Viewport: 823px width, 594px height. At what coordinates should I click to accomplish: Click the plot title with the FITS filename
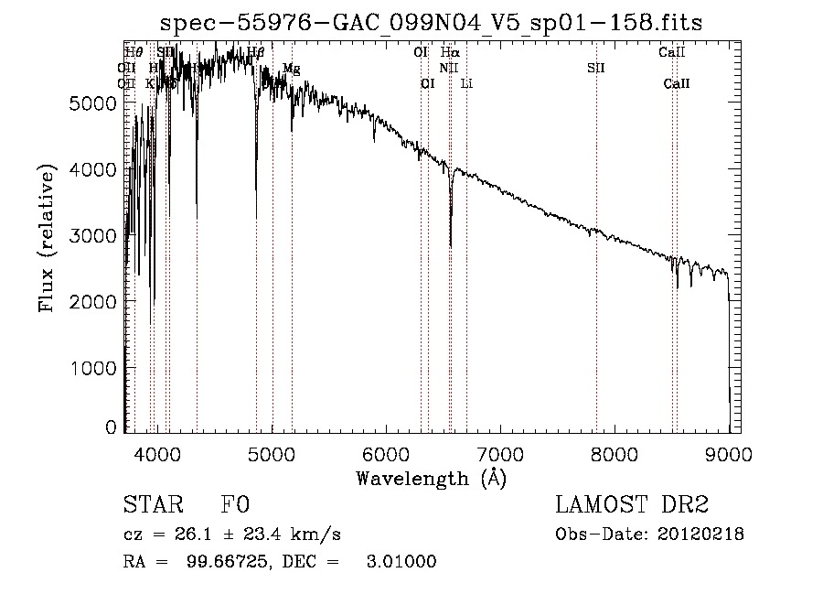[x=432, y=23]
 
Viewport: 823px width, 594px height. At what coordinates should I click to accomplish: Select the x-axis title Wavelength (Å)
[x=431, y=478]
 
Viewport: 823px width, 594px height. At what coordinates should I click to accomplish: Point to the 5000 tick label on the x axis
[x=272, y=452]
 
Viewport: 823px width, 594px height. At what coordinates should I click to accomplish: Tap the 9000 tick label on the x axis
[x=729, y=452]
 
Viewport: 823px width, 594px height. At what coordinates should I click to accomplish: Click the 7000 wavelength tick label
[x=500, y=452]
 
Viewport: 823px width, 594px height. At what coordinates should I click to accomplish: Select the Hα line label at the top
[x=450, y=52]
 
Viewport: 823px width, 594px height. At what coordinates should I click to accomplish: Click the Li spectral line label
[x=466, y=83]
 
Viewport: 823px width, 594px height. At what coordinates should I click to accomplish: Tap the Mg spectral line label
[x=291, y=69]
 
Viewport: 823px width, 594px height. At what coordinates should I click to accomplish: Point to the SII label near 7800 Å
[x=596, y=68]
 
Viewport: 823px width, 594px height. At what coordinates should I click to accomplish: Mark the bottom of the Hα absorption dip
[x=450, y=245]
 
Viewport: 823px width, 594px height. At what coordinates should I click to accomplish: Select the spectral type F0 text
[x=234, y=506]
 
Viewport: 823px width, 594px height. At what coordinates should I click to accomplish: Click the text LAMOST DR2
[x=632, y=505]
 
